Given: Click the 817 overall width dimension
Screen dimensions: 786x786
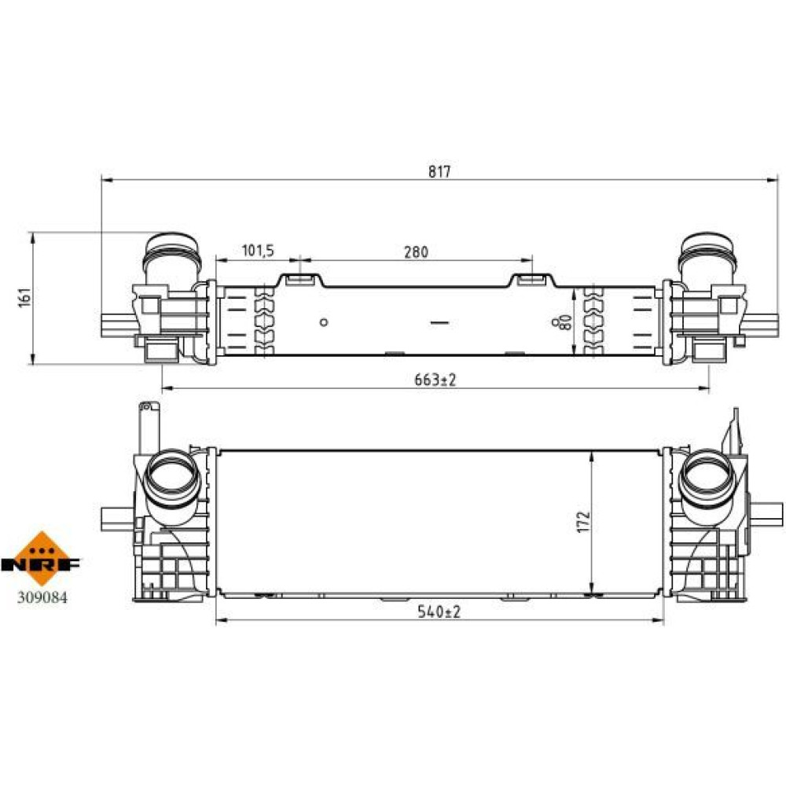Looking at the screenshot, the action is [439, 171].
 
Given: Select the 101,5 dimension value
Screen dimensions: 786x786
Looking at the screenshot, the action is [258, 250].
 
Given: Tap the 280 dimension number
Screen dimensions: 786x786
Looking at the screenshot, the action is [416, 252].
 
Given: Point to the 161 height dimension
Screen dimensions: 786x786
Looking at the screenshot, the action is [25, 298].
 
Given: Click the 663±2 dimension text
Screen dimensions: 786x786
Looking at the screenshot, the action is [435, 380].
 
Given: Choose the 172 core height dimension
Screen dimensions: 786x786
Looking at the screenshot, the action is [583, 522].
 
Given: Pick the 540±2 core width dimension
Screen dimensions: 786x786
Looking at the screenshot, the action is [439, 612].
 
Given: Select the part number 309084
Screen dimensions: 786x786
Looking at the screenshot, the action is [42, 597].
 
